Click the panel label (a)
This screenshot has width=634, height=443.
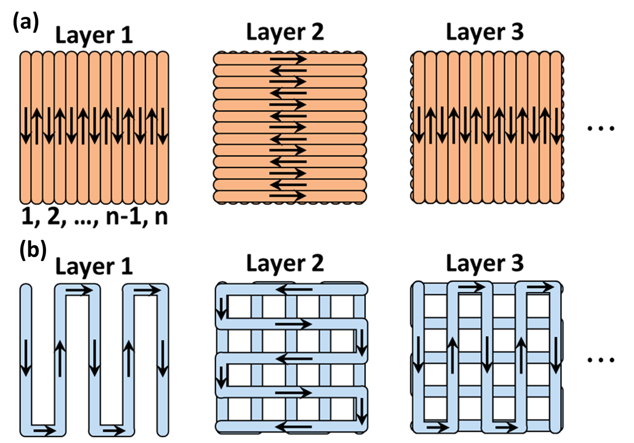pos(26,22)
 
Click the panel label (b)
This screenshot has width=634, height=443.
pos(32,250)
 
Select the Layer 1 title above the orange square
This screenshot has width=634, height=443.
pos(94,35)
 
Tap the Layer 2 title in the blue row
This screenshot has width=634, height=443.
pos(285,264)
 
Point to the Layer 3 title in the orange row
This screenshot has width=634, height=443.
pos(484,32)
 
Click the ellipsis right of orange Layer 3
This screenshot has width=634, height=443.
pos(601,128)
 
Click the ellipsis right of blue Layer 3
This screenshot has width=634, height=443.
pos(601,360)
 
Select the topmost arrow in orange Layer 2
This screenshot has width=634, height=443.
pos(288,59)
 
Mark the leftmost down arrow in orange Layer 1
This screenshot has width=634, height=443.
pos(25,125)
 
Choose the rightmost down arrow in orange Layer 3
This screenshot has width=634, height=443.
pos(556,125)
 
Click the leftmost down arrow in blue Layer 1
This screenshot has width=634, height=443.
pos(25,357)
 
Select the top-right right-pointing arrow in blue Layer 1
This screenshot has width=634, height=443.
pos(147,291)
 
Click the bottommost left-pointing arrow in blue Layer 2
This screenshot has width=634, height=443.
pos(294,426)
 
